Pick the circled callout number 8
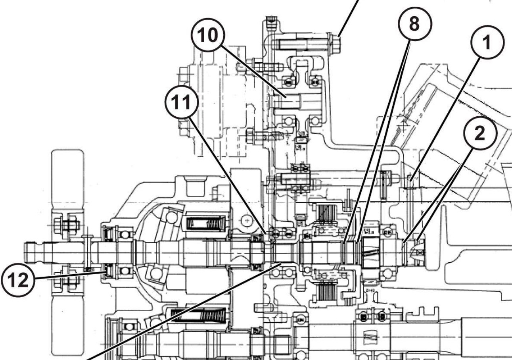(x=414, y=24)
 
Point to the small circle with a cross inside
(x=247, y=219)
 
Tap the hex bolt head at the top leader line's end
(x=336, y=42)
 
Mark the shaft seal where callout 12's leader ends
(x=107, y=271)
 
